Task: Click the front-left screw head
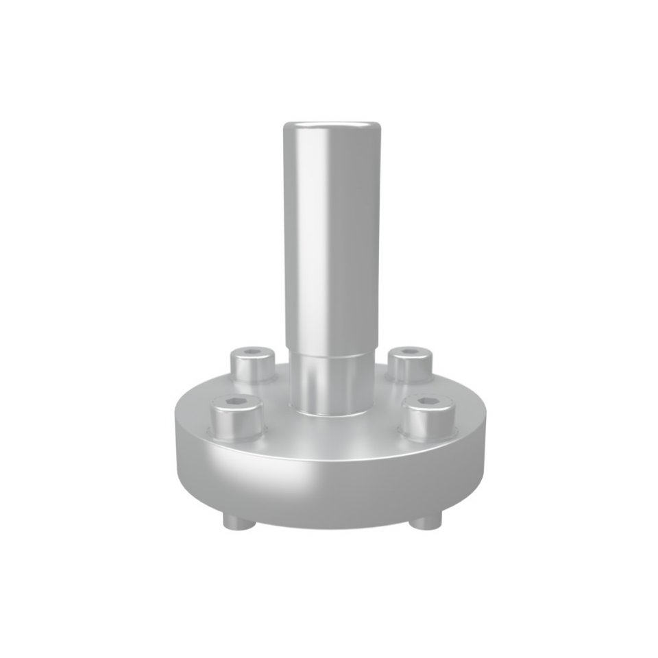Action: (236, 419)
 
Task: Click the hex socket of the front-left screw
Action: (236, 403)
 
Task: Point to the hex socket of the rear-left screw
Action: (252, 354)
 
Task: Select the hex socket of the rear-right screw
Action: (410, 352)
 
